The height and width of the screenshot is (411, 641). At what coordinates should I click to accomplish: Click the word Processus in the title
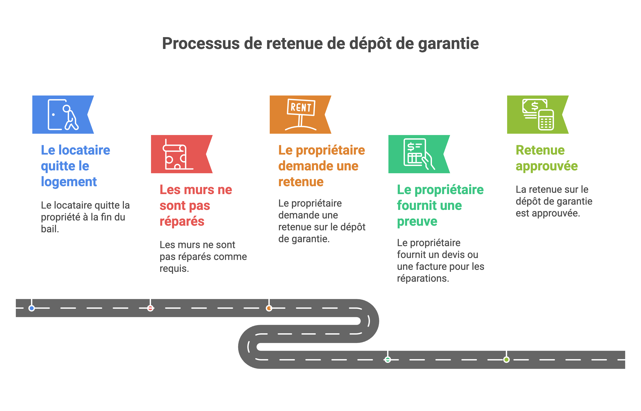pyautogui.click(x=201, y=43)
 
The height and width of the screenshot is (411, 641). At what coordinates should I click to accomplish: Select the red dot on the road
pyautogui.click(x=150, y=308)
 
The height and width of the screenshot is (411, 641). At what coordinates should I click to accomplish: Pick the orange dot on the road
pyautogui.click(x=269, y=308)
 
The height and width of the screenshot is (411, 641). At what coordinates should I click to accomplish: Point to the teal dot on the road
pyautogui.click(x=388, y=360)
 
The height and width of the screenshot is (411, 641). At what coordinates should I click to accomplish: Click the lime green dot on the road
pyautogui.click(x=506, y=360)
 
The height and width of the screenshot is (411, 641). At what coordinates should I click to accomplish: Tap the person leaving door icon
pyautogui.click(x=63, y=115)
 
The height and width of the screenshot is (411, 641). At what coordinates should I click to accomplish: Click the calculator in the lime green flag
pyautogui.click(x=546, y=120)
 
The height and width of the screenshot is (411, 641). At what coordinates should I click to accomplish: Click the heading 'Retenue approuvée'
pyautogui.click(x=546, y=158)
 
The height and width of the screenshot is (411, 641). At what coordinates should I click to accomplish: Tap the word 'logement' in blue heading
pyautogui.click(x=69, y=182)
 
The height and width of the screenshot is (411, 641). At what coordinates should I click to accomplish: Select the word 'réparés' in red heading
pyautogui.click(x=182, y=222)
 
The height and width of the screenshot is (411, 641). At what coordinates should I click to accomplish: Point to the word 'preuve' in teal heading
pyautogui.click(x=417, y=222)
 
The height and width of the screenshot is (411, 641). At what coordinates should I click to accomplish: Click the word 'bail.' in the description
pyautogui.click(x=50, y=229)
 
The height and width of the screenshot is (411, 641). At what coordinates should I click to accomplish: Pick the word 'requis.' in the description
pyautogui.click(x=174, y=269)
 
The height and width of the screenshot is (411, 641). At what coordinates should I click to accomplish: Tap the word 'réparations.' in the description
pyautogui.click(x=423, y=278)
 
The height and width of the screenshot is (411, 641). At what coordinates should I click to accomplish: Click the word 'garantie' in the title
pyautogui.click(x=448, y=43)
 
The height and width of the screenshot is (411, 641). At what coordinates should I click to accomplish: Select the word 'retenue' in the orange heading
pyautogui.click(x=301, y=182)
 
